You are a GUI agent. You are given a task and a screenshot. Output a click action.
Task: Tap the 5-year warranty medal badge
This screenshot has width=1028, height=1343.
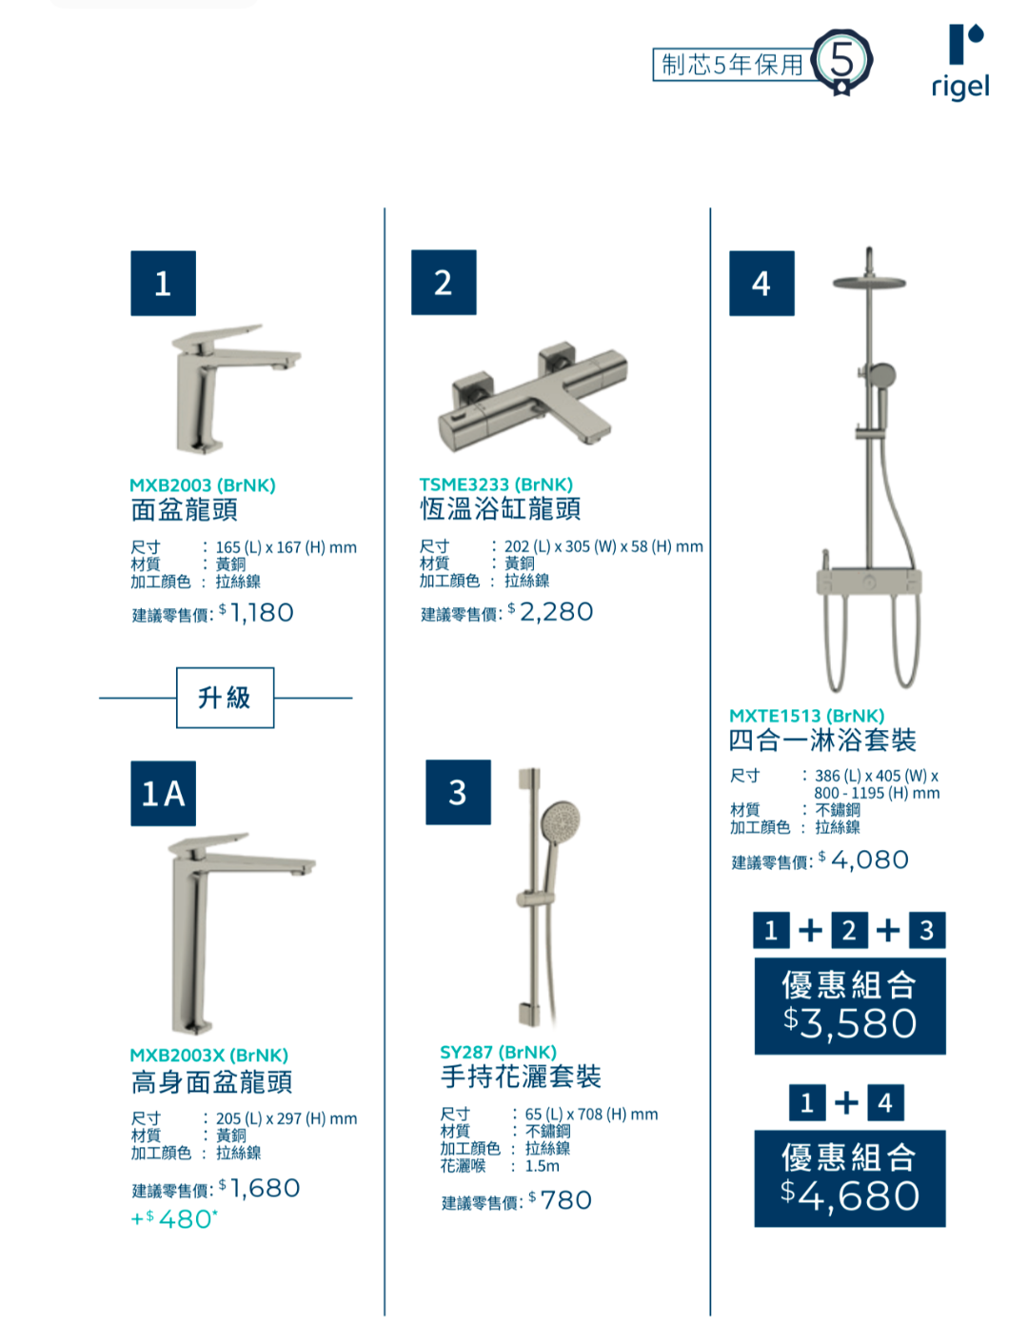[842, 62]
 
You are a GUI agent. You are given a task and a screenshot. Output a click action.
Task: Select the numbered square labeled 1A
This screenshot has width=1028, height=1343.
[164, 793]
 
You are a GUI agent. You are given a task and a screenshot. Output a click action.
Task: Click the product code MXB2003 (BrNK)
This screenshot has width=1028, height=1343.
[203, 485]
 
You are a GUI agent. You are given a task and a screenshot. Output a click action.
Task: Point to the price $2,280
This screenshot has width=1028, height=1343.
[551, 611]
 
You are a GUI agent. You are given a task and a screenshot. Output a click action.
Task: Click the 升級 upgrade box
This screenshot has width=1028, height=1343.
[226, 698]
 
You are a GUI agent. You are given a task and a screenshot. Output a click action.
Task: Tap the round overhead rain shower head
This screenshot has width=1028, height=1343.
[869, 282]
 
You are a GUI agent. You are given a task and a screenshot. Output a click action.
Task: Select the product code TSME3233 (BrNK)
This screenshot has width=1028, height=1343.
[496, 484]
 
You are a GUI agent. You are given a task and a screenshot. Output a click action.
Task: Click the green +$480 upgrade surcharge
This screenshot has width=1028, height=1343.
[174, 1219]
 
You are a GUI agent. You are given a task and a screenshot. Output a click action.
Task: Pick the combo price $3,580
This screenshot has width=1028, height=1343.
[851, 1023]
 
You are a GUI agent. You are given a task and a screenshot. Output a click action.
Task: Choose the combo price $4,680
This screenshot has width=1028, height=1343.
[851, 1196]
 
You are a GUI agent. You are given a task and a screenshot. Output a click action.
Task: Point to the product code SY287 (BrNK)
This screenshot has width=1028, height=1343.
[499, 1053]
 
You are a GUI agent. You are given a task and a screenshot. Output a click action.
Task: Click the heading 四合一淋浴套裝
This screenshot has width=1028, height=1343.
[822, 741]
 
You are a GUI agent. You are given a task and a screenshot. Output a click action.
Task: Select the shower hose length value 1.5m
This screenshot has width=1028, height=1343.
[543, 1166]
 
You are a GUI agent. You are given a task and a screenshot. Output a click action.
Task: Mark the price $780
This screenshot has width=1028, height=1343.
[561, 1200]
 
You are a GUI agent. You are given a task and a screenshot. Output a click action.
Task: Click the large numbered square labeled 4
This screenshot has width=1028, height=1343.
[761, 284]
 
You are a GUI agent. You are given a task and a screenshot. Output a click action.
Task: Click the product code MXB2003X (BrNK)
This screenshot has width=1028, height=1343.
[209, 1056]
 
